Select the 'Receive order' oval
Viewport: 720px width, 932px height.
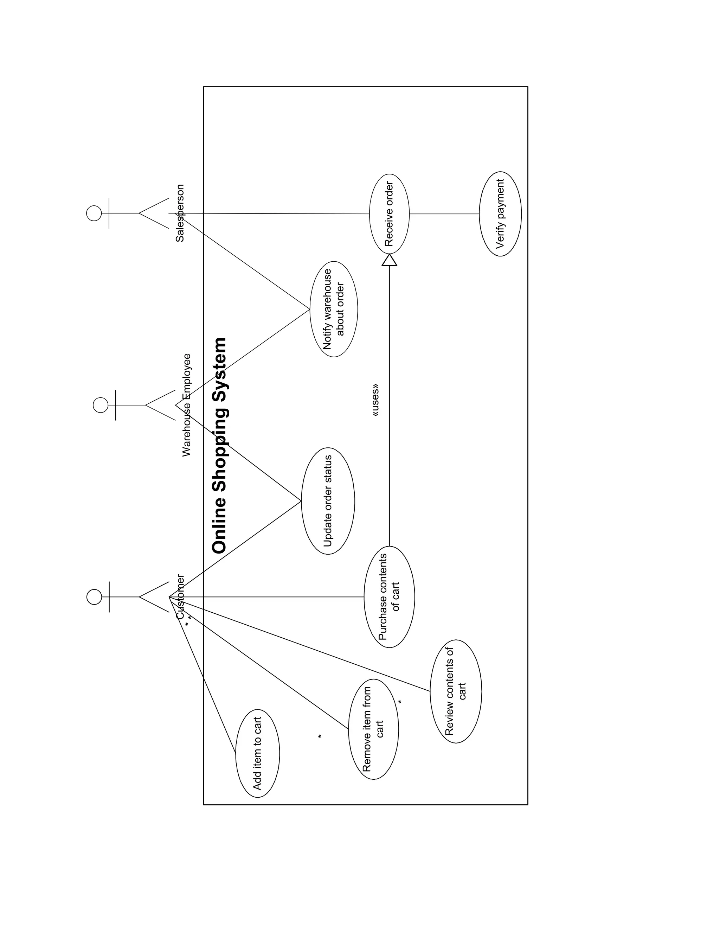(x=389, y=214)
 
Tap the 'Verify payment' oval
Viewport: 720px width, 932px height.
(x=500, y=214)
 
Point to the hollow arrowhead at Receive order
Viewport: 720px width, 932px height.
(x=390, y=260)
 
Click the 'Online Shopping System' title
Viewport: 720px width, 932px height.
(x=220, y=446)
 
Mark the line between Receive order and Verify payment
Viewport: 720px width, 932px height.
(x=444, y=214)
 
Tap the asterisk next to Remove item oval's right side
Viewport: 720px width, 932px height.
(x=400, y=702)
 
